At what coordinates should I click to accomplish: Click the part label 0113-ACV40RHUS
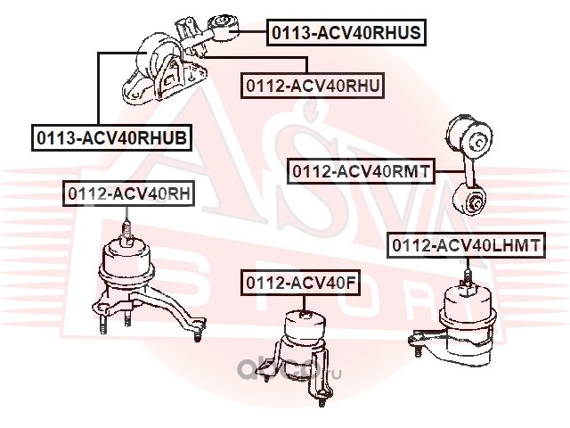(x=346, y=32)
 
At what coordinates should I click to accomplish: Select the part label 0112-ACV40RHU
(x=313, y=86)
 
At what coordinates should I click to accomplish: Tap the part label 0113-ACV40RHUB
(x=111, y=138)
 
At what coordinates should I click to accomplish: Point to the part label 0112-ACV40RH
(x=129, y=193)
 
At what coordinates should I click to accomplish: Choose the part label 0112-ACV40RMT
(x=361, y=170)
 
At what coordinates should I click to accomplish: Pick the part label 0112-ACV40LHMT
(x=466, y=245)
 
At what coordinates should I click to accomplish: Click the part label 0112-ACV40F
(x=300, y=283)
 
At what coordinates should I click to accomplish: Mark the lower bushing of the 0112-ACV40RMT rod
(x=469, y=200)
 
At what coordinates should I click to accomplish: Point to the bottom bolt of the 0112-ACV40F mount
(x=322, y=400)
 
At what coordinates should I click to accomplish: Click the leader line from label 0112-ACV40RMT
(x=450, y=171)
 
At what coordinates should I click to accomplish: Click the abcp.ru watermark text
(x=289, y=370)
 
